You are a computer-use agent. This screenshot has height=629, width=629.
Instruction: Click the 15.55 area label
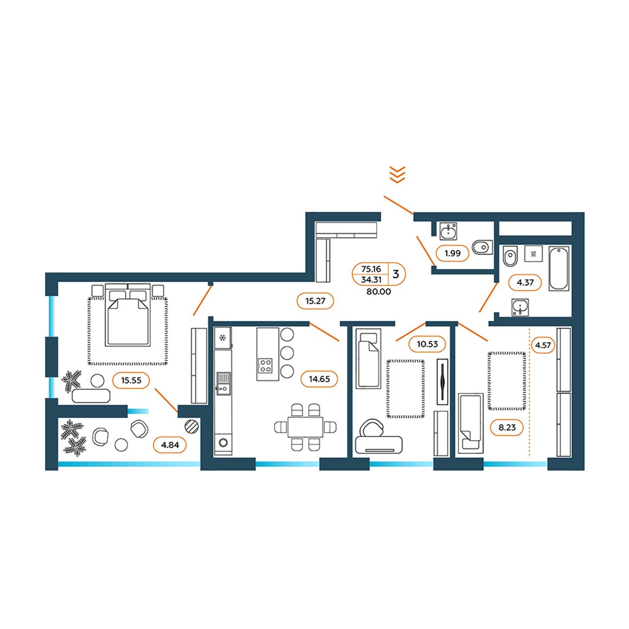point(131,380)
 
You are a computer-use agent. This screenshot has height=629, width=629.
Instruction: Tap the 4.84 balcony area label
point(170,445)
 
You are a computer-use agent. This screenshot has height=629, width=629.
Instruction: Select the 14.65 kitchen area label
point(319,379)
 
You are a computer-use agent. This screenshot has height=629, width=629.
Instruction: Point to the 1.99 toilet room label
point(453,253)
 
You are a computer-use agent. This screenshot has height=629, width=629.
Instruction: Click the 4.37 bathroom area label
point(525,283)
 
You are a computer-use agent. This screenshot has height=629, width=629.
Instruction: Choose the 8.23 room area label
point(507,427)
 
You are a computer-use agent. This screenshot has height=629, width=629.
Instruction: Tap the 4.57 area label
point(543,345)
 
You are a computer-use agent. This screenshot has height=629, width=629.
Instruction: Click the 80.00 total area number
point(378,292)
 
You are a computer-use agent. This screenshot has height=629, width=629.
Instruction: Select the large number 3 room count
point(396,274)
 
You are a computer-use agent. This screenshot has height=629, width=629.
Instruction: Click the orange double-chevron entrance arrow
point(397,174)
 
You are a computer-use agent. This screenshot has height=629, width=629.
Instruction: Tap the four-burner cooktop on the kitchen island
point(265,365)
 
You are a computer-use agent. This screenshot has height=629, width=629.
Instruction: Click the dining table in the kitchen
point(305,427)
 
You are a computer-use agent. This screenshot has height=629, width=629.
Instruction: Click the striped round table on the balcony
point(192,426)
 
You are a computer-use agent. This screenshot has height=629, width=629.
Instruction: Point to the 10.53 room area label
point(427,343)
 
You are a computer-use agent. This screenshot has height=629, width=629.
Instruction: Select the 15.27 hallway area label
point(315,301)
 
